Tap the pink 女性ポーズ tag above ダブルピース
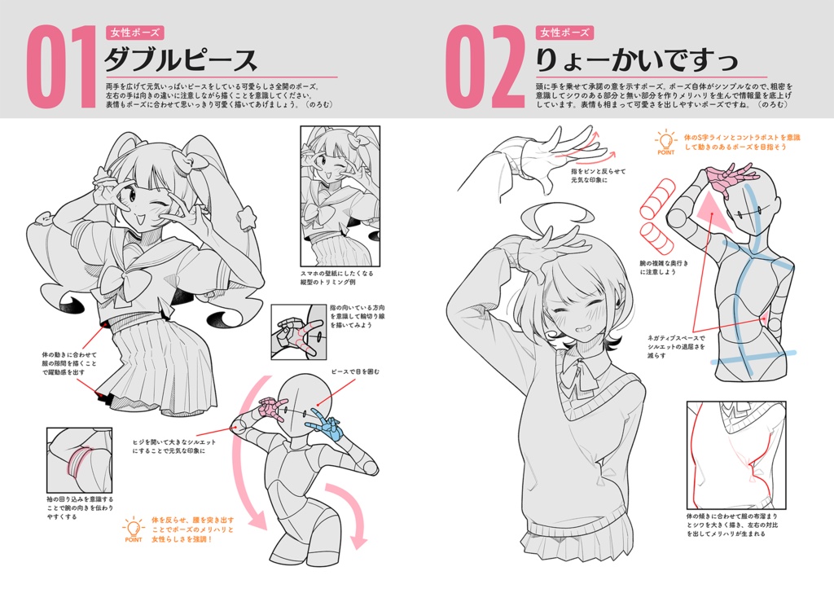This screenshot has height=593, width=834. click(x=134, y=33)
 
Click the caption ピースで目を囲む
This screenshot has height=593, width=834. click(x=354, y=371)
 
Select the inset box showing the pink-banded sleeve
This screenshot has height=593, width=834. click(x=79, y=460)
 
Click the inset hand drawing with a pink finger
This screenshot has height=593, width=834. click(x=298, y=332)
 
